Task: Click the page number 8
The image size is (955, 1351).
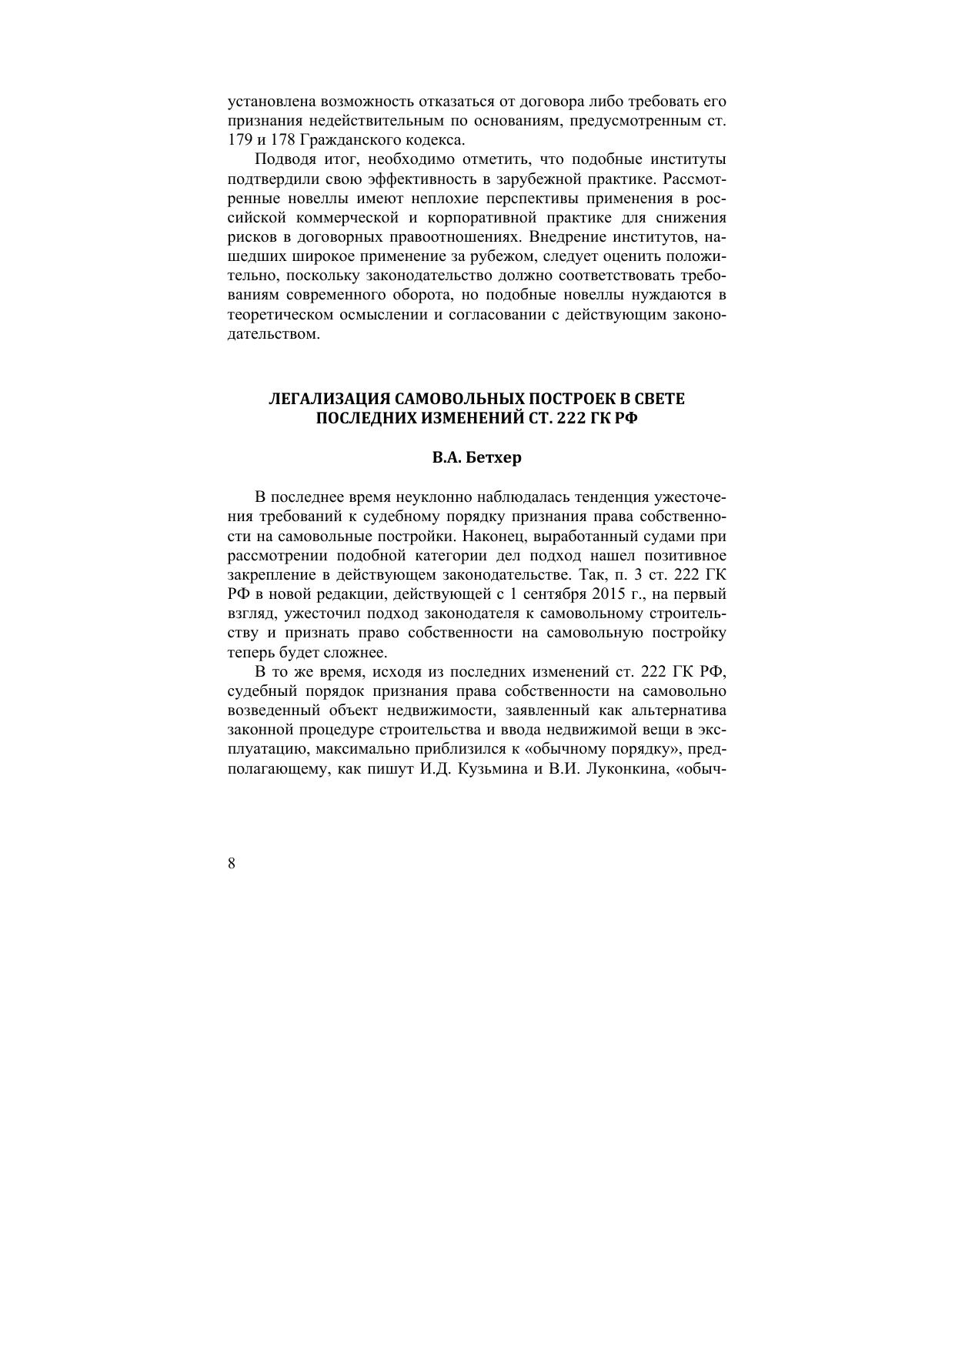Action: tap(232, 863)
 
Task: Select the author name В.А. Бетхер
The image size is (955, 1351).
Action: tap(476, 457)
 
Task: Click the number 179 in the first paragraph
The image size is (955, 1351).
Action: tap(239, 140)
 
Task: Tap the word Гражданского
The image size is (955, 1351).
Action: tap(346, 140)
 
